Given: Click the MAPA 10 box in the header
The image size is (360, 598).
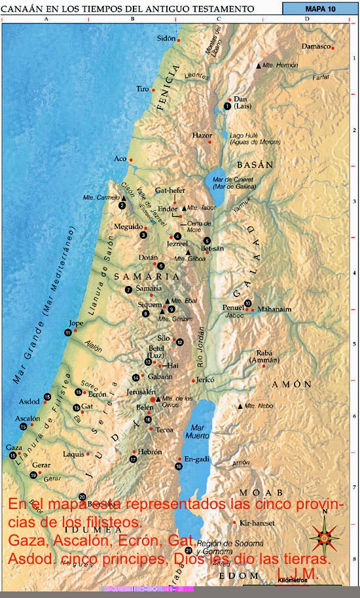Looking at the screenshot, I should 320,9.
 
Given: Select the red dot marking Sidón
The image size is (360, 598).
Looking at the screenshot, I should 179,40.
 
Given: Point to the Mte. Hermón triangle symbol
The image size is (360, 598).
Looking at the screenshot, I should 259,65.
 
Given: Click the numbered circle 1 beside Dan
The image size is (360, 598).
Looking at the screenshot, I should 227,106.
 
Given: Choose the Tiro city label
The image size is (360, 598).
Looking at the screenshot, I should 142,88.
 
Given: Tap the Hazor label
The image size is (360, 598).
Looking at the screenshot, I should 202,135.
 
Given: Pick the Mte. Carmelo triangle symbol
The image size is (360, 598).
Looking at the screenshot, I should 122,198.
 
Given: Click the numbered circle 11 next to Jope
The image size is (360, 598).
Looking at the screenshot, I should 68,332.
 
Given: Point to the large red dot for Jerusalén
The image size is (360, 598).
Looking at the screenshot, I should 153,398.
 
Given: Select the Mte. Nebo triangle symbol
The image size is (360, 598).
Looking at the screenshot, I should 240,406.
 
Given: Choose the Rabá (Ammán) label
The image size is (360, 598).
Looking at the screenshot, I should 264,357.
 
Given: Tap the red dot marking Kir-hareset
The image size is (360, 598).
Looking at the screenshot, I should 234,522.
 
